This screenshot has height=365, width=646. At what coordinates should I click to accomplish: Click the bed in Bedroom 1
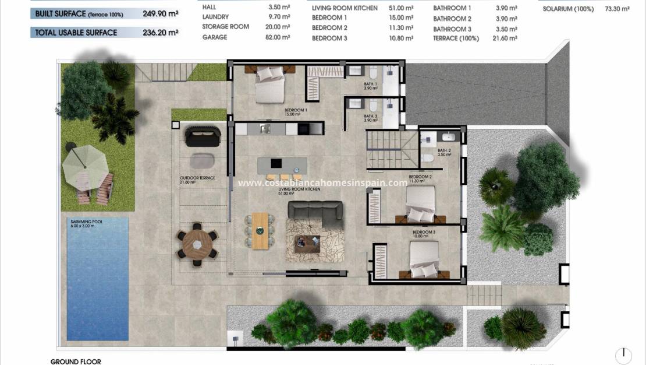tap(270, 85)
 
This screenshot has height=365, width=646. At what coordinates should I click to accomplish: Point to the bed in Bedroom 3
tap(424, 259)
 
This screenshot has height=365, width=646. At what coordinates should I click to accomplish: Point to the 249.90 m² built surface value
tap(161, 13)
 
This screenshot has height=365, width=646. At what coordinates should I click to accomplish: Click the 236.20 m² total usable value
tap(161, 33)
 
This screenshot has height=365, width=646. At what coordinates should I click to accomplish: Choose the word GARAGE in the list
tap(214, 37)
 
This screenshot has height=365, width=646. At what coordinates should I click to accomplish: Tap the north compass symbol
tap(623, 355)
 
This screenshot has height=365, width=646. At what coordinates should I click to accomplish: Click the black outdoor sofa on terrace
tap(203, 137)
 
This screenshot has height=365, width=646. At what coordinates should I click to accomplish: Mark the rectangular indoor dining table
tap(260, 230)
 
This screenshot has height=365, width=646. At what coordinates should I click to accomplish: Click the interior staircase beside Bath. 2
tap(391, 149)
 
